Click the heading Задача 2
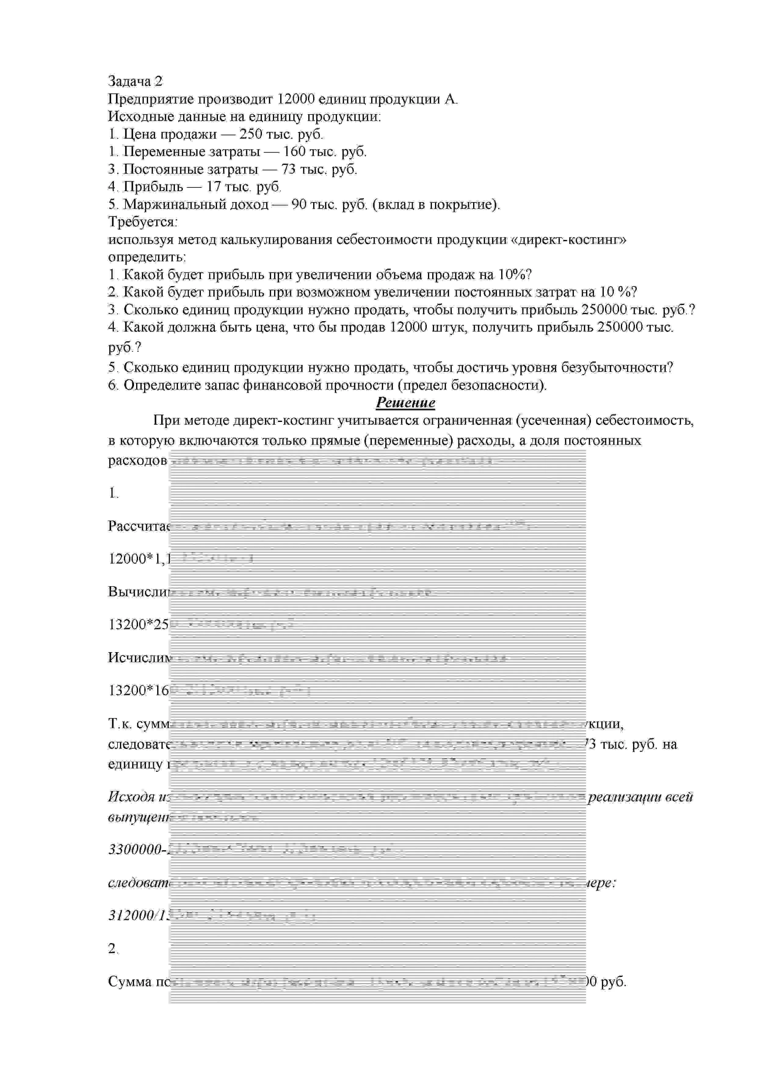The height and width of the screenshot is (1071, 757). [x=135, y=81]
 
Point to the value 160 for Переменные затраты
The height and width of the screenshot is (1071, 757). [x=294, y=152]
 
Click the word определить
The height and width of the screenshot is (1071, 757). [x=147, y=257]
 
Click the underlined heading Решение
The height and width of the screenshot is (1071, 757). [x=405, y=403]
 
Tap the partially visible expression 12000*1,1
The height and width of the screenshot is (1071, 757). [x=138, y=558]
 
